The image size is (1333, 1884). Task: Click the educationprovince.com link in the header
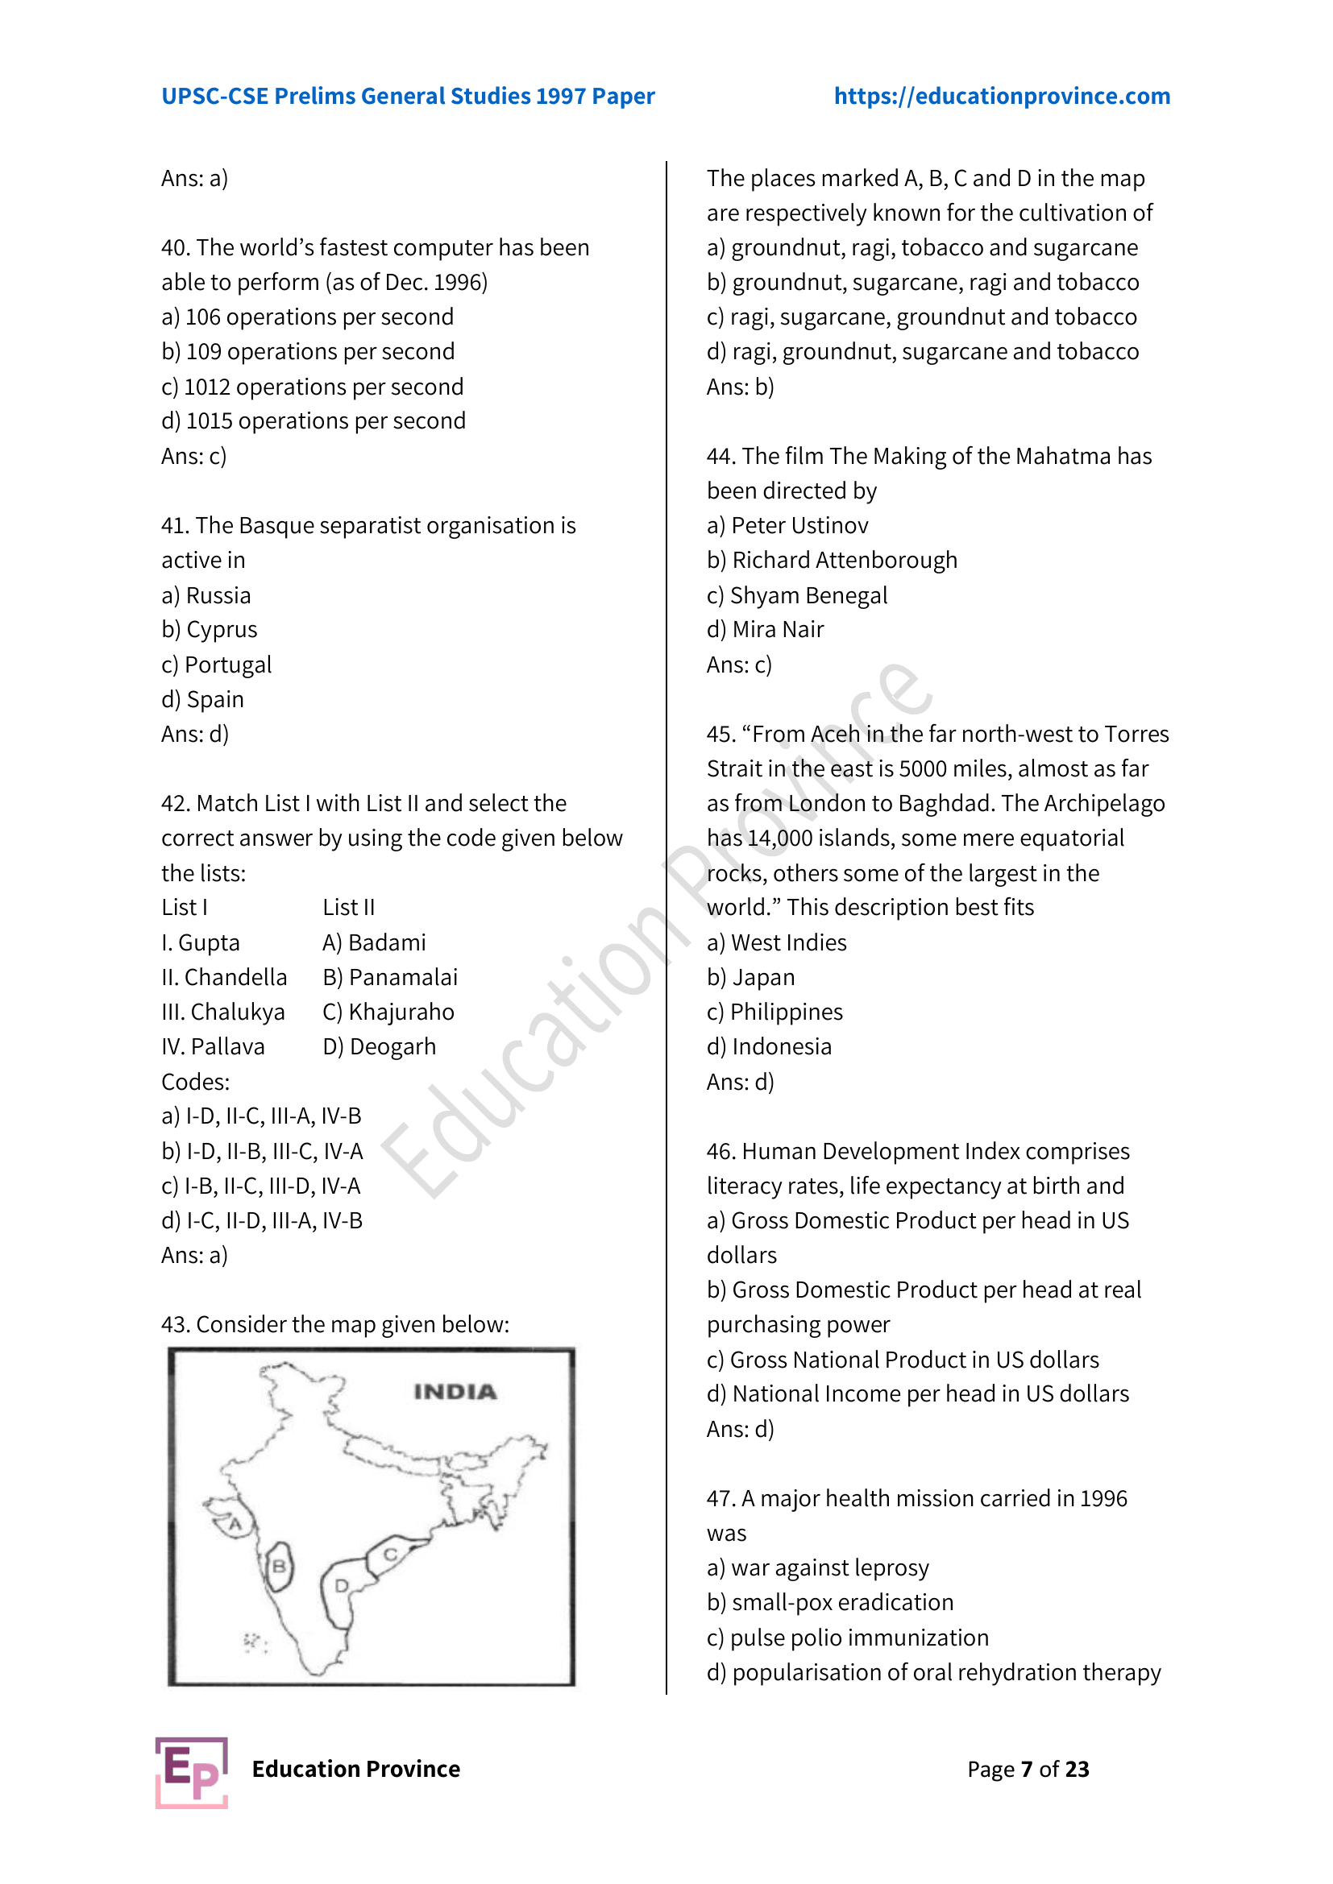(x=1002, y=96)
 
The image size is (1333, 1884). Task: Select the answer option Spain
(x=215, y=700)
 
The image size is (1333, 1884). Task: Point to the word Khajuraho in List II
(x=401, y=1012)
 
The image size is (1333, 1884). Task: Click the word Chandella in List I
(x=235, y=978)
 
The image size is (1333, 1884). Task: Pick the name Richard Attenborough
(x=844, y=561)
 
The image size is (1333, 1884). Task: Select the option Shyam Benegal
(x=808, y=596)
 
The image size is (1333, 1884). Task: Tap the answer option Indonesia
(x=782, y=1047)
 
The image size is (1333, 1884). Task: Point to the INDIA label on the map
(x=455, y=1392)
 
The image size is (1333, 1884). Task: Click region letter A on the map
(x=235, y=1525)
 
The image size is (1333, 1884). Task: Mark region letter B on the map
(x=279, y=1567)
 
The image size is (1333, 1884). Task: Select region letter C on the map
(x=391, y=1554)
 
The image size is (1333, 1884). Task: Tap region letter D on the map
(x=342, y=1585)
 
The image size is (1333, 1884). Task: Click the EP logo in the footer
(x=191, y=1772)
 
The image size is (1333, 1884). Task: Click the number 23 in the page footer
(x=1076, y=1769)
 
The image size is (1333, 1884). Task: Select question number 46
(x=720, y=1152)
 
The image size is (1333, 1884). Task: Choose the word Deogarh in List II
(x=392, y=1047)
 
